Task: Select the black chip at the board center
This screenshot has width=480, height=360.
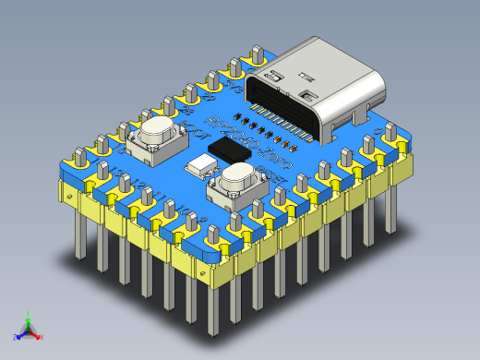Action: (x=230, y=150)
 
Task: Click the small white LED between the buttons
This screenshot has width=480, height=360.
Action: (x=198, y=167)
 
